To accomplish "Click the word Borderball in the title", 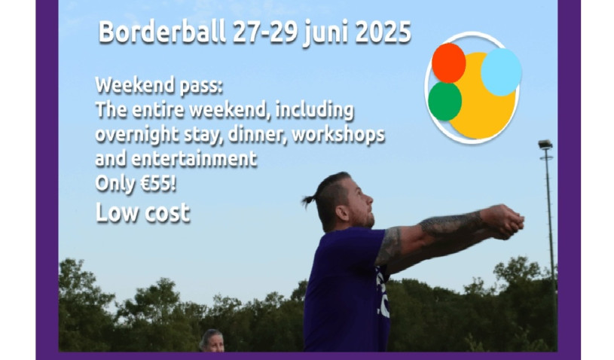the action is [162, 32].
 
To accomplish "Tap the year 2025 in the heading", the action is [383, 32].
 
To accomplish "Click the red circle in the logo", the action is [448, 63].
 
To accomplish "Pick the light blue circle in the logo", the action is [501, 72].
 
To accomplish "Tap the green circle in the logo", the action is [444, 102].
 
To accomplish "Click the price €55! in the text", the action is [157, 183].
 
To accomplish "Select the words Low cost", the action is [142, 213].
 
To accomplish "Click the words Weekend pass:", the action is [159, 85].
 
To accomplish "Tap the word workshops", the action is [338, 135].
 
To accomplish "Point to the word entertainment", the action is [194, 159].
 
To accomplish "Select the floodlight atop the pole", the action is [545, 145].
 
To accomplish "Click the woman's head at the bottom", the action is [212, 340].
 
